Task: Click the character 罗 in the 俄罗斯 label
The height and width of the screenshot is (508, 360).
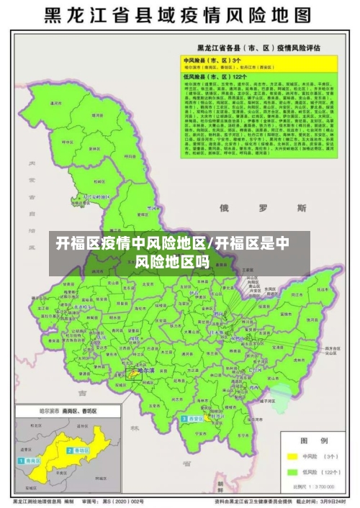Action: click(264, 207)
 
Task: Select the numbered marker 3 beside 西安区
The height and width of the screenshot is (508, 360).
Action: click(185, 417)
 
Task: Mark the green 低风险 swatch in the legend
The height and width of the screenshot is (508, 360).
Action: click(292, 472)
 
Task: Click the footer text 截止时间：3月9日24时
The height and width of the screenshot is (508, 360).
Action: click(320, 501)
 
